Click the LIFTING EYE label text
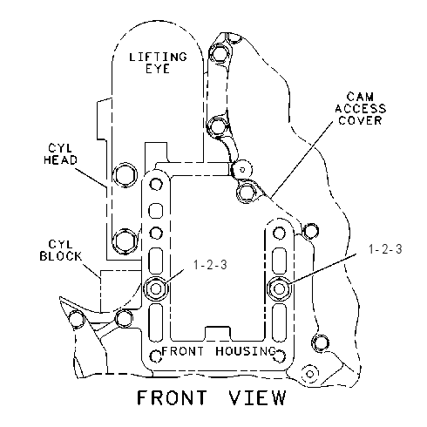click(158, 63)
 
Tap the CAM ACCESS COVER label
click(361, 108)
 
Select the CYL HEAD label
click(61, 154)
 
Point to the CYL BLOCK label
click(61, 250)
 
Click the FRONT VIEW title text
click(212, 397)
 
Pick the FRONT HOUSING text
click(219, 351)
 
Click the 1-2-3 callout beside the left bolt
click(210, 265)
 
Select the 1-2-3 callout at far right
click(385, 249)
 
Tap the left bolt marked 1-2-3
click(156, 288)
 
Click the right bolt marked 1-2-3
click(279, 288)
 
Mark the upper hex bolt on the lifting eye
click(125, 174)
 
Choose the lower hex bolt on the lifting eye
click(125, 241)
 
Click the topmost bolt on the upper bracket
click(218, 54)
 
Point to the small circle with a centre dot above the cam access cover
click(243, 169)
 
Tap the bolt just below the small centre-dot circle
click(246, 192)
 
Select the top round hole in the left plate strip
click(156, 184)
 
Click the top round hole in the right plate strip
click(279, 233)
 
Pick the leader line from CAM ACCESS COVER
click(302, 159)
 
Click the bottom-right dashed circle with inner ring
click(309, 374)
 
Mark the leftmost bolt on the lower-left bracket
click(77, 319)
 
